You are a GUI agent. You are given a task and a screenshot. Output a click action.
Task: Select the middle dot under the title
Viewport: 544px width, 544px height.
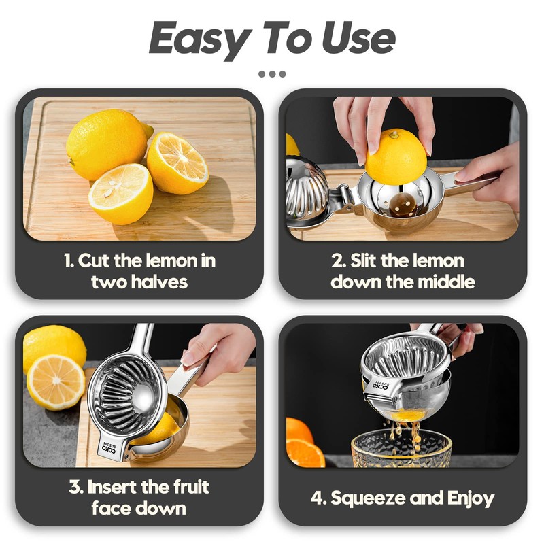pyautogui.click(x=273, y=74)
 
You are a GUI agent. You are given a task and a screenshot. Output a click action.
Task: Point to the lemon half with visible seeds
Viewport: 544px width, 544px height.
pyautogui.click(x=121, y=194)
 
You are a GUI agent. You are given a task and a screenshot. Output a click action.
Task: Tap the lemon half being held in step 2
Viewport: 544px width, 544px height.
pyautogui.click(x=396, y=156)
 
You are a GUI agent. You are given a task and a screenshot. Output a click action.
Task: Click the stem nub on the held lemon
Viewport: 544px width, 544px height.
pyautogui.click(x=394, y=134)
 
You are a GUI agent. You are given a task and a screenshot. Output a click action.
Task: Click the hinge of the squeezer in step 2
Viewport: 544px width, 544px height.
pyautogui.click(x=345, y=199)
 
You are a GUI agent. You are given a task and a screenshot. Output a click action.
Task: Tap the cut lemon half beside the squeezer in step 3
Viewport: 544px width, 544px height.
pyautogui.click(x=56, y=382)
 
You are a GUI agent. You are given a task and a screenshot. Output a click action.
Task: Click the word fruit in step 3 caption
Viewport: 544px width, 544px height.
pyautogui.click(x=191, y=486)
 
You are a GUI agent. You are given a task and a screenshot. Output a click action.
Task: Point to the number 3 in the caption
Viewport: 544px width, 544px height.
pyautogui.click(x=74, y=487)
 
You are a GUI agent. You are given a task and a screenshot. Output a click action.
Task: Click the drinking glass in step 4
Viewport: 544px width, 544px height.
pyautogui.click(x=401, y=447)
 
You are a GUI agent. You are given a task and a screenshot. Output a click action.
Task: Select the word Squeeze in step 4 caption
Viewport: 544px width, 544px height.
pyautogui.click(x=368, y=499)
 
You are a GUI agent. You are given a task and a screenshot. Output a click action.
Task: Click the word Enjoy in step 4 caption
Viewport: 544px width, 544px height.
pyautogui.click(x=471, y=499)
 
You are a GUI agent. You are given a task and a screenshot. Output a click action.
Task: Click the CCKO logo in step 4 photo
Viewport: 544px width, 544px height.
pyautogui.click(x=381, y=385)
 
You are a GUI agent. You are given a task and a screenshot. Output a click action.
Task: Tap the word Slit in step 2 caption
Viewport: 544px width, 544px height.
pyautogui.click(x=362, y=260)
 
